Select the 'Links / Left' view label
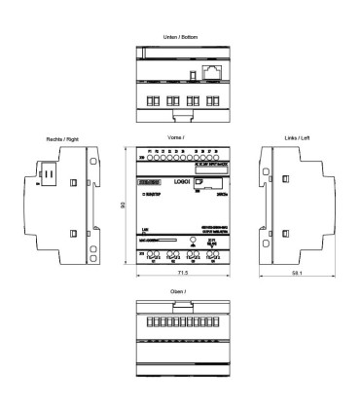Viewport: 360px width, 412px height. [x=294, y=138]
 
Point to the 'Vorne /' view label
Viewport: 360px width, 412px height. [x=176, y=138]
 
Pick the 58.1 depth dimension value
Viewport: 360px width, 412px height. [x=297, y=277]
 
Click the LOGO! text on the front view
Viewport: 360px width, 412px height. [x=181, y=182]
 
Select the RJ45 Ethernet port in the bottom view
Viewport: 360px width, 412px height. [x=210, y=73]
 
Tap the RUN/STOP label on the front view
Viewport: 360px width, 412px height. [x=148, y=193]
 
